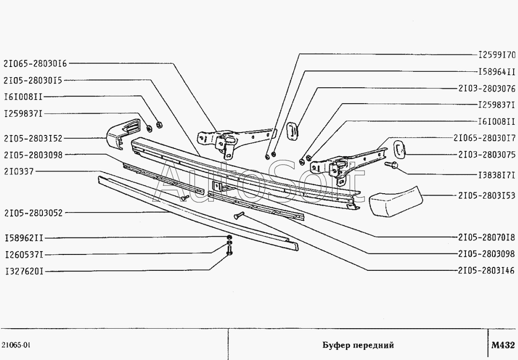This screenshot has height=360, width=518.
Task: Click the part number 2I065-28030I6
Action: (x=35, y=63)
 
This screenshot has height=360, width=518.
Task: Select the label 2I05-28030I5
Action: (x=33, y=80)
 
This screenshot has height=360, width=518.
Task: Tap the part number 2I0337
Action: (x=19, y=172)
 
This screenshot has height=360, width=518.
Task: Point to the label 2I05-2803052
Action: (x=33, y=213)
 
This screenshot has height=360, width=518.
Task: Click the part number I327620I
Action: (x=24, y=272)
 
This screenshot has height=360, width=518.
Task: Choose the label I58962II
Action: (x=24, y=238)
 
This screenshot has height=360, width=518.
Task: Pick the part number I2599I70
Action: (x=497, y=55)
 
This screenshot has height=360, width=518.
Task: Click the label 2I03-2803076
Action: (x=487, y=88)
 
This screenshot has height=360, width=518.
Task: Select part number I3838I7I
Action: (x=497, y=174)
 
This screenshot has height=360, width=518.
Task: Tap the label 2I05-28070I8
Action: (x=487, y=237)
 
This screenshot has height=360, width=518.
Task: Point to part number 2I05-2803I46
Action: (x=487, y=270)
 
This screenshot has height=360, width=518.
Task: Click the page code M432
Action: (x=503, y=345)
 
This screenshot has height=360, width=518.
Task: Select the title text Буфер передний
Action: (x=358, y=345)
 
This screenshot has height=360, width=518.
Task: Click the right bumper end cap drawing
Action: (x=396, y=201)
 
